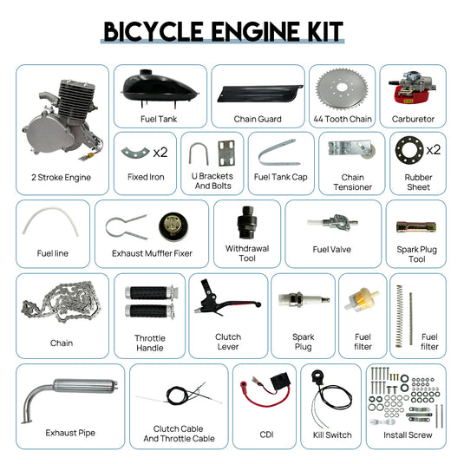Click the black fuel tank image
click(x=160, y=87)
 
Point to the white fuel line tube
click(x=49, y=225)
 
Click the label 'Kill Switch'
click(x=332, y=435)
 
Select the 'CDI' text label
click(x=265, y=435)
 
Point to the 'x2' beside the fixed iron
click(x=160, y=153)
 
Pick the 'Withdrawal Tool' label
click(x=247, y=253)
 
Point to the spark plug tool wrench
click(x=416, y=227)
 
